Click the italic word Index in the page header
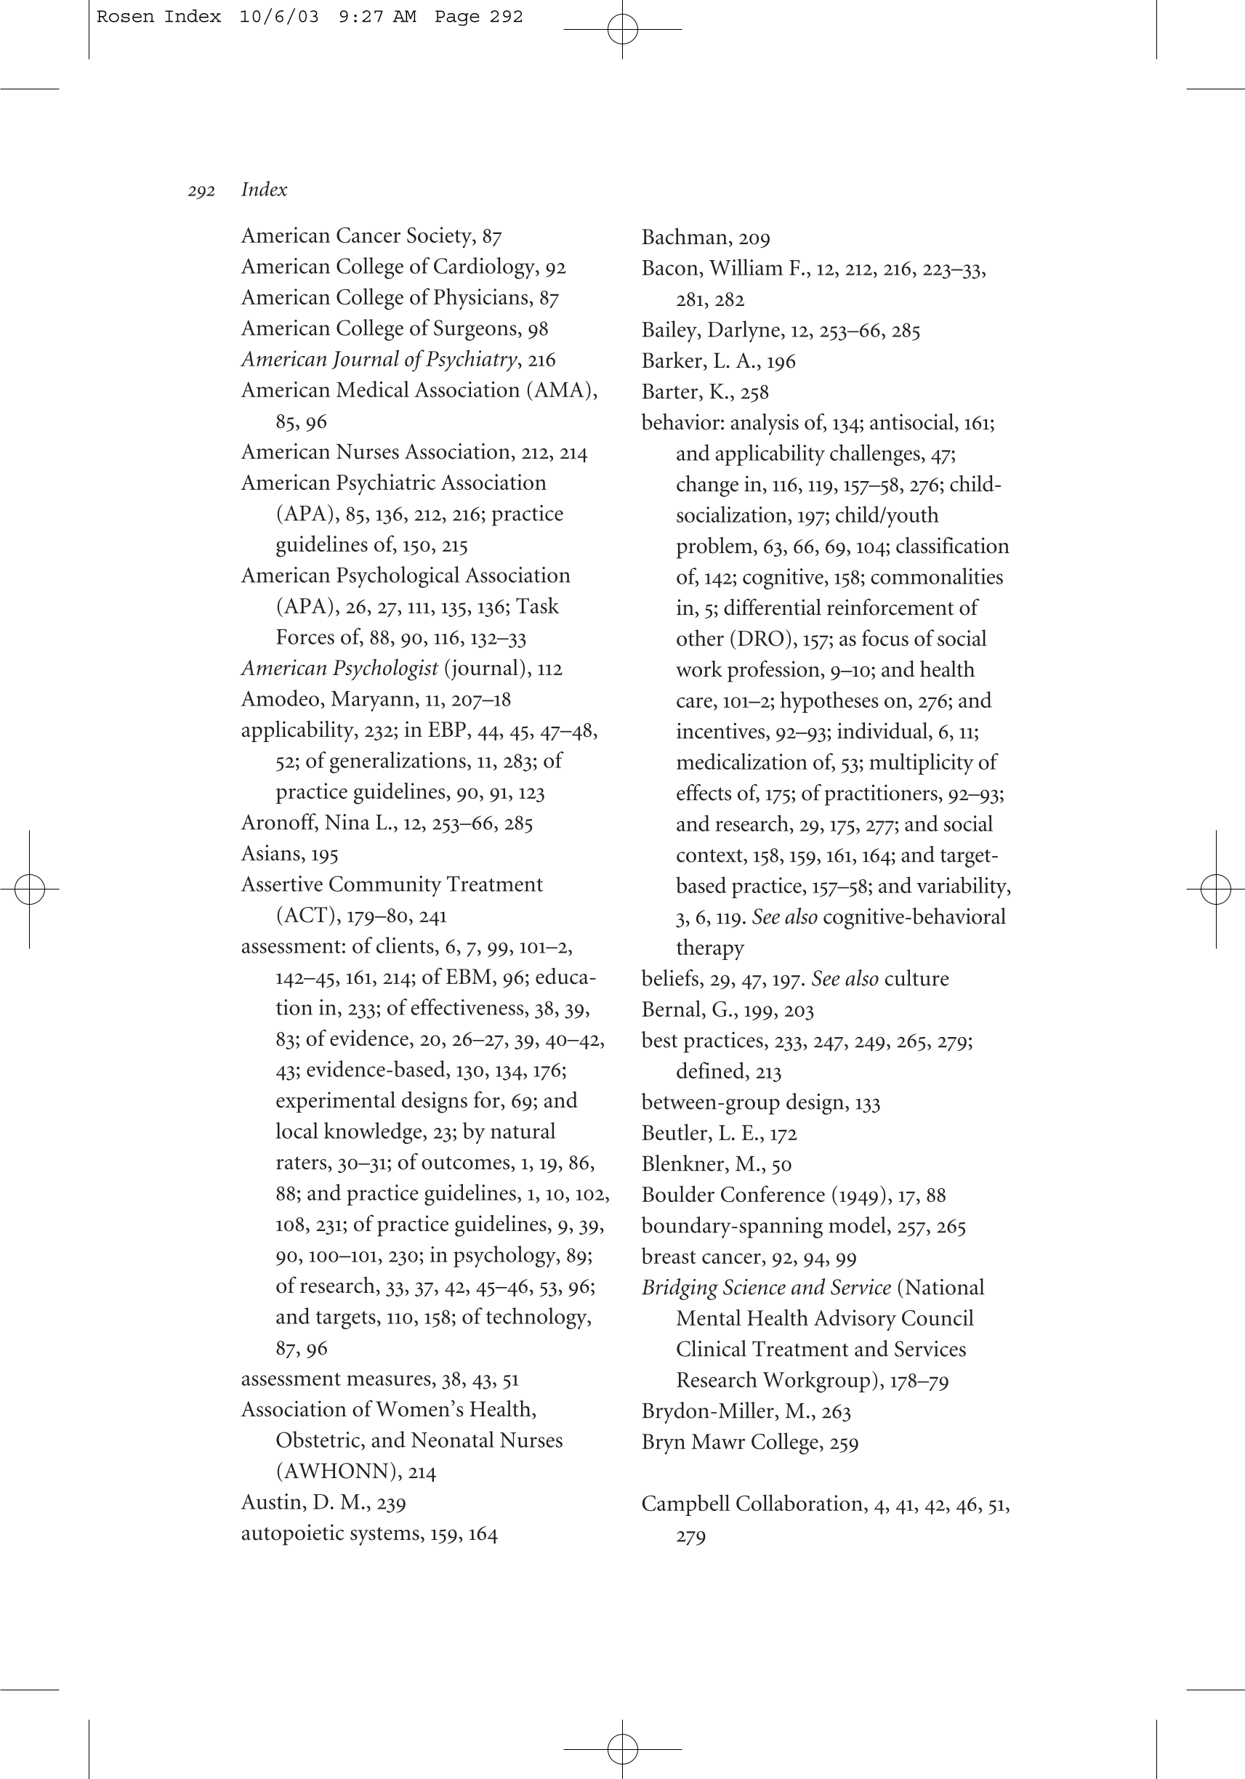[x=263, y=190]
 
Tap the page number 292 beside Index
[x=201, y=190]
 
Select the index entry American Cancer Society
[x=358, y=235]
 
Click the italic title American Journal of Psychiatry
[x=379, y=360]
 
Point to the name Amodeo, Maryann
[x=329, y=700]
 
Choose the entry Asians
[x=273, y=854]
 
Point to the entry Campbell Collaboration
[x=752, y=1504]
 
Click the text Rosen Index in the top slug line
[x=158, y=16]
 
